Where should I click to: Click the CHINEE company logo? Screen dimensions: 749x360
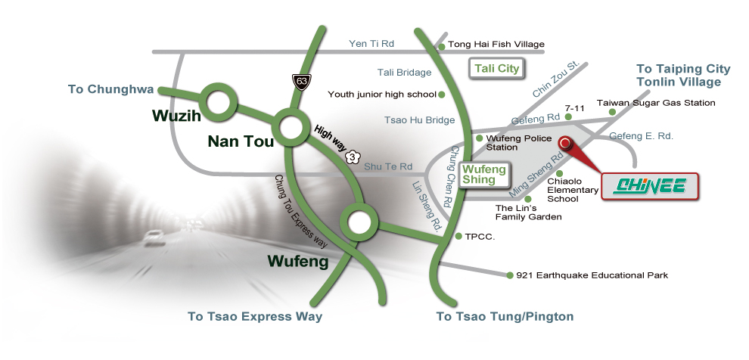[650, 186]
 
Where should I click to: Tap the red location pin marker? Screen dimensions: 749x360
[566, 143]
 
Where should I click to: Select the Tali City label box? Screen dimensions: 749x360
[496, 68]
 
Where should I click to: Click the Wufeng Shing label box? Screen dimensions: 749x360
[484, 174]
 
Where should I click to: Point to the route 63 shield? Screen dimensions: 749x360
[301, 82]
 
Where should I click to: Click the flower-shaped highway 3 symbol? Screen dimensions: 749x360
[352, 157]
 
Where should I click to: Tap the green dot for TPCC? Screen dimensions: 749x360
[458, 236]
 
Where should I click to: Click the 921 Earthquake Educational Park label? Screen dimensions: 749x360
[592, 275]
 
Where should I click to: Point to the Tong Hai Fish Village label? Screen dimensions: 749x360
[496, 45]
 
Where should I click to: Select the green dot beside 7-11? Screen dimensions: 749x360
[568, 116]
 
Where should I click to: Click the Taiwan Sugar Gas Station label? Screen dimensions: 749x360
[656, 103]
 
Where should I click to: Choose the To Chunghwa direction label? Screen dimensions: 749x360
[110, 89]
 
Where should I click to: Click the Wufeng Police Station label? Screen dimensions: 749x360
[519, 143]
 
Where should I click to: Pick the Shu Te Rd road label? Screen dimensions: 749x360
[388, 166]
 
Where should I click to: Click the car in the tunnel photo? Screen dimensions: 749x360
[152, 235]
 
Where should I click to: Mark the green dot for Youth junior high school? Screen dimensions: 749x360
[442, 95]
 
